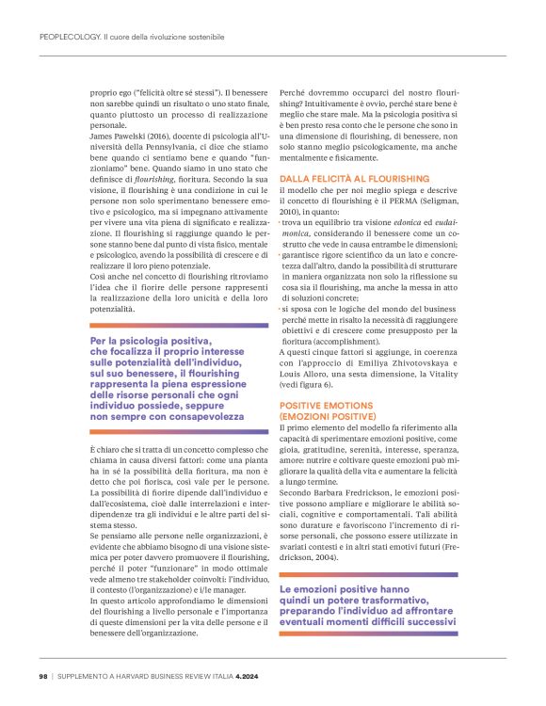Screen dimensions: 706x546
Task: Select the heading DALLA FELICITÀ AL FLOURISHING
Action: point(347,178)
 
